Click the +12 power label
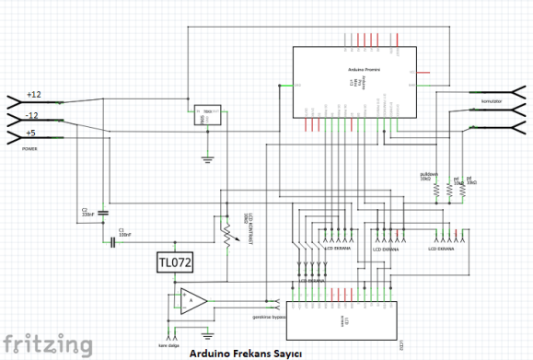click(x=34, y=95)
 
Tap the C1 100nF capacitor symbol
click(x=113, y=242)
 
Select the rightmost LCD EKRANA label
click(x=442, y=247)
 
